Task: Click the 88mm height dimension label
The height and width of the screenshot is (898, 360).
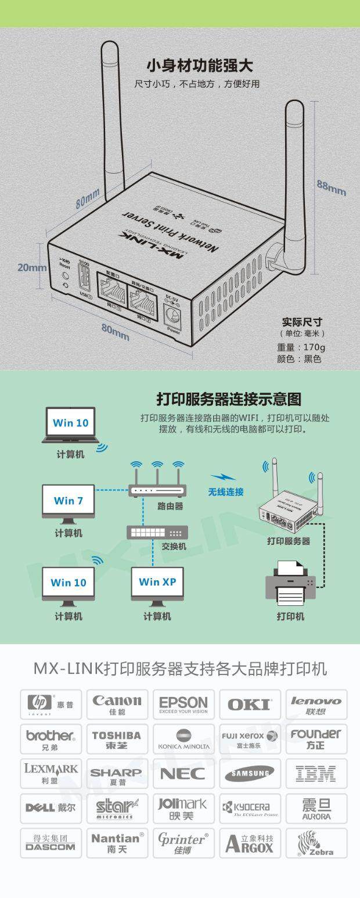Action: point(331,187)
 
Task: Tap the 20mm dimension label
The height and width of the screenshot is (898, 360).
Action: point(32,267)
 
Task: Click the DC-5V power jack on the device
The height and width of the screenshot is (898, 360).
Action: point(174,317)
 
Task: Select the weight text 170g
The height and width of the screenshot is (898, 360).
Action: point(301,347)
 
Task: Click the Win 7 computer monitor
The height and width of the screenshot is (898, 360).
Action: point(69,501)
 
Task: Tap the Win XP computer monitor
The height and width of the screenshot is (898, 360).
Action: point(157,583)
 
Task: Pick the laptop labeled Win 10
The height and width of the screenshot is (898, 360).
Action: point(70,425)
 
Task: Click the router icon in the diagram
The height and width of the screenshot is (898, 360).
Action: point(157,489)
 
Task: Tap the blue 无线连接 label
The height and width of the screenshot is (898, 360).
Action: point(226,492)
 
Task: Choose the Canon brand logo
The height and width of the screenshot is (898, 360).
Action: point(117,705)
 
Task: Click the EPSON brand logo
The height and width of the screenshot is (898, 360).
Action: point(183,705)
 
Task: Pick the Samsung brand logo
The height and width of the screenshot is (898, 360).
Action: point(250,773)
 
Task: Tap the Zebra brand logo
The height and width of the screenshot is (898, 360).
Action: point(316,843)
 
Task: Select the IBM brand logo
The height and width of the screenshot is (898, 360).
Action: point(316,773)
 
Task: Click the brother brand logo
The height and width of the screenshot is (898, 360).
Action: point(51,739)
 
